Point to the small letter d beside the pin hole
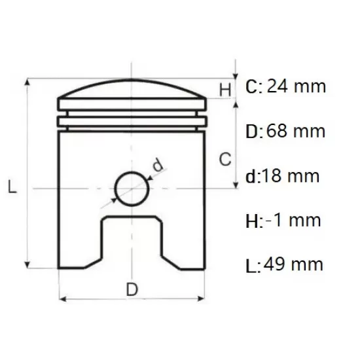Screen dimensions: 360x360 (x=158, y=166)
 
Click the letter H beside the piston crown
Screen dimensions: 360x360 (x=225, y=90)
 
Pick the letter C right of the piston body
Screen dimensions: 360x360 (x=224, y=158)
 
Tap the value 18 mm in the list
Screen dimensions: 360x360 (x=293, y=175)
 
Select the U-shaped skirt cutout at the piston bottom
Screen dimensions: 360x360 (x=132, y=239)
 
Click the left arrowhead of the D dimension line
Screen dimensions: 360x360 (x=62, y=300)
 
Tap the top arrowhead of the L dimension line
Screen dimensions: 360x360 (x=27, y=83)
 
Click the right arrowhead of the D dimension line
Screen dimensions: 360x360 (x=204, y=300)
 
